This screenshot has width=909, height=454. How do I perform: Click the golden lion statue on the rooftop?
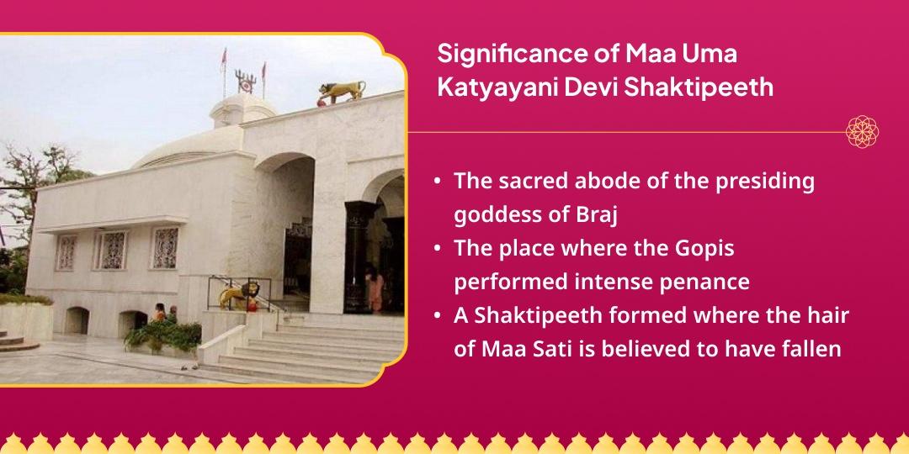[342, 91]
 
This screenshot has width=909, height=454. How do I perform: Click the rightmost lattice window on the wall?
[166, 248]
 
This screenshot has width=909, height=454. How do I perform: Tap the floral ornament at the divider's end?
[863, 132]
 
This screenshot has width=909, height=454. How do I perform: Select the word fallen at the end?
[810, 348]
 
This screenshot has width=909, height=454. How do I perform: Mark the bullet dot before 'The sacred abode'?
[438, 182]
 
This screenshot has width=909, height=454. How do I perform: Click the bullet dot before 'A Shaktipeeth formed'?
[438, 315]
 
